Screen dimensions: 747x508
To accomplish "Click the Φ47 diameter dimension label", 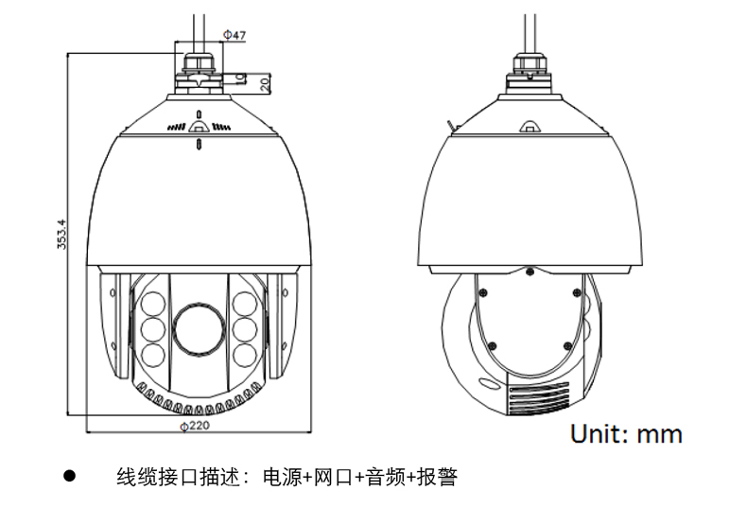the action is (235, 35).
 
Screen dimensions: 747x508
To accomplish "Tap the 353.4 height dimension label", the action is (61, 234).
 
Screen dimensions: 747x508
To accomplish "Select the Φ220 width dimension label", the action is (195, 426).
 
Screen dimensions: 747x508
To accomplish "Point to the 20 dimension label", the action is (265, 85).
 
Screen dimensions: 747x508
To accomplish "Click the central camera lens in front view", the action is (199, 329).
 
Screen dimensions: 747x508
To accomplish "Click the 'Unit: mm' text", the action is (626, 433).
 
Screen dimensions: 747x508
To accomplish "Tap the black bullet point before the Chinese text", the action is (70, 476).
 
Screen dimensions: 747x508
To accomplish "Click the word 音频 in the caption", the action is (386, 477).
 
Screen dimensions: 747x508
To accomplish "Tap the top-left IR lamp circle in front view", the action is (153, 304).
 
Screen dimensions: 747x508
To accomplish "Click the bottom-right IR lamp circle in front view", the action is (244, 355).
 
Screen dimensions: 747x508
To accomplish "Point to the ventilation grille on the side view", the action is (539, 397).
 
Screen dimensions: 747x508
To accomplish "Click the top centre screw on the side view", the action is (530, 272).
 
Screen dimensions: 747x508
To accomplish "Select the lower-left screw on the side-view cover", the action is (493, 346).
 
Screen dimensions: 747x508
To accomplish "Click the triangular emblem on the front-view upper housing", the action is (199, 126).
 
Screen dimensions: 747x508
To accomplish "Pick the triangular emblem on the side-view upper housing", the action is (529, 126).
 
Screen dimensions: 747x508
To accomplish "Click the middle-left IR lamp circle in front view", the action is (153, 329).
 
